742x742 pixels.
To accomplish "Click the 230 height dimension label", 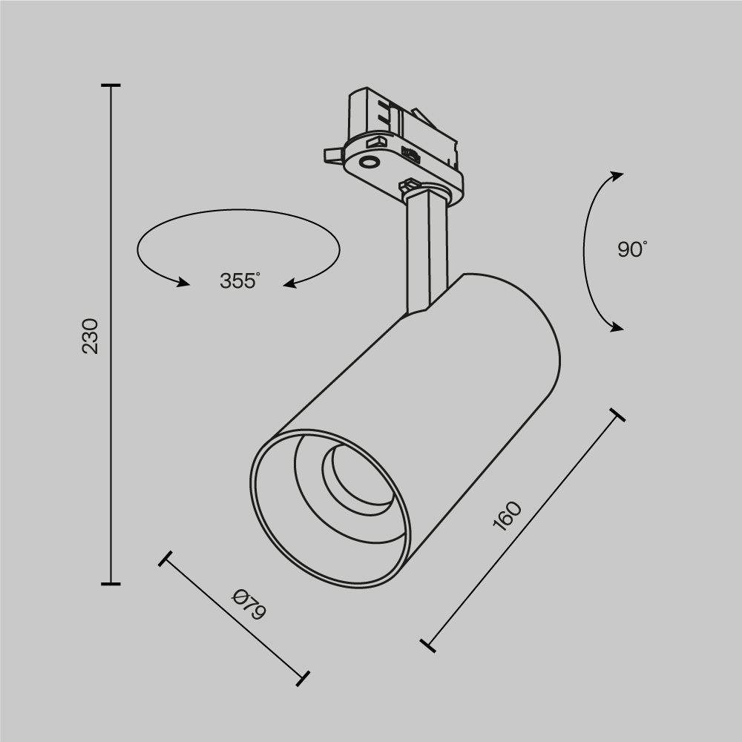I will (90, 335).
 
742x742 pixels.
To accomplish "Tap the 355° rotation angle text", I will (240, 281).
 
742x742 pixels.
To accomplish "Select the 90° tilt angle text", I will (632, 249).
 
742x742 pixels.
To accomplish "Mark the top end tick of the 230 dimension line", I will (111, 86).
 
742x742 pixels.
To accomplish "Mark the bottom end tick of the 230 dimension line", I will (111, 584).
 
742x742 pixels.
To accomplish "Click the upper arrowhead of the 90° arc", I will (616, 176).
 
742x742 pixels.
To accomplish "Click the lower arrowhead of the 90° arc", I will (616, 326).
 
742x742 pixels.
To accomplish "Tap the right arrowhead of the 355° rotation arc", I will (291, 282).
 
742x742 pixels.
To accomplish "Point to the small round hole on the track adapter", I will (368, 162).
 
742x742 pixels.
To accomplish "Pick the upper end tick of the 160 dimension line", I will (616, 414).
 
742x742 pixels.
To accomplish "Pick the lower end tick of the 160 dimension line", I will (427, 646).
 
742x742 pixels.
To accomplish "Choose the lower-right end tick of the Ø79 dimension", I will (302, 677).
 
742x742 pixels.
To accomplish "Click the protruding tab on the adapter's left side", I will (332, 154).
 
